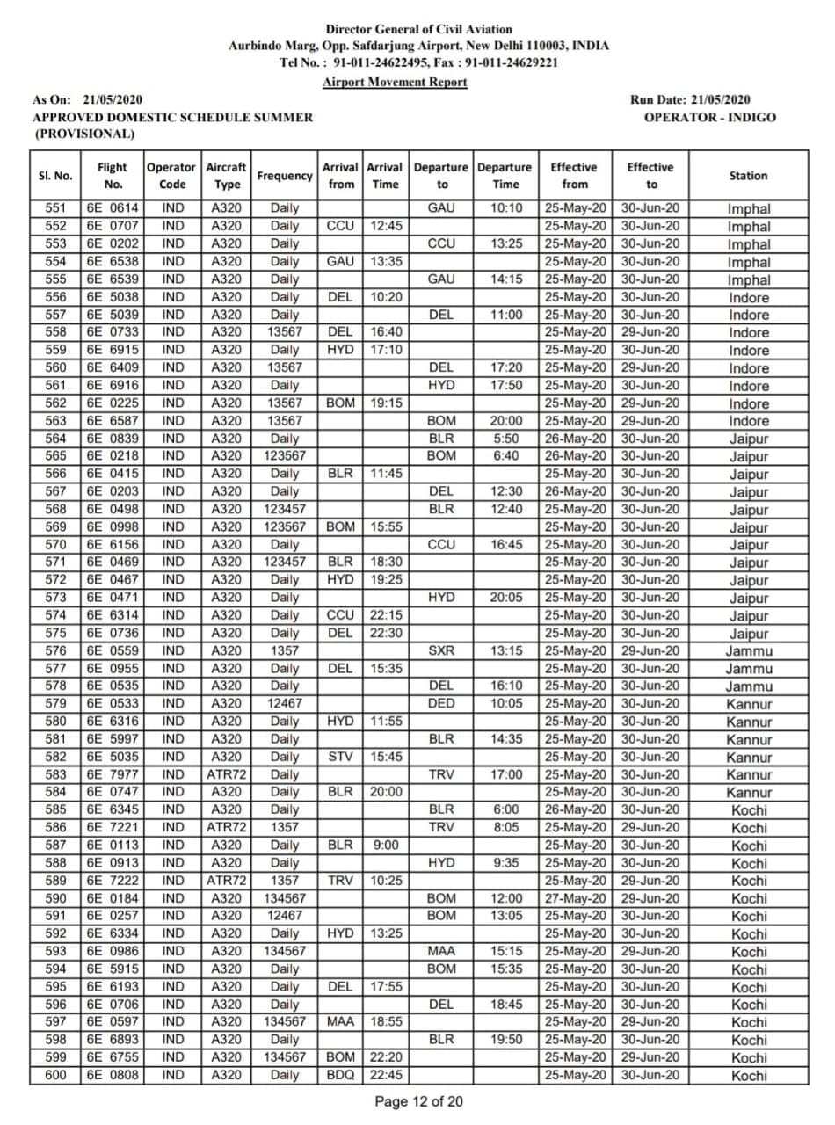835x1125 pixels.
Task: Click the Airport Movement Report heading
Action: (x=395, y=82)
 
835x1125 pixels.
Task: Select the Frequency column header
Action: (x=284, y=176)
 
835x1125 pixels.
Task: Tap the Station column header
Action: (x=748, y=176)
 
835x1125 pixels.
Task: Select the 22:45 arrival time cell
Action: (x=385, y=1075)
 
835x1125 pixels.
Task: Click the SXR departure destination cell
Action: (x=441, y=651)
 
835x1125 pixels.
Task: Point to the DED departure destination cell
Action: (x=441, y=704)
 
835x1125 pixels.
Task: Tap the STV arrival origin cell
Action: (x=341, y=757)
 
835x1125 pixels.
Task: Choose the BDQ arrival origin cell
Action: (x=341, y=1075)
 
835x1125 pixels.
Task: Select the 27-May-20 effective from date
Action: (x=575, y=898)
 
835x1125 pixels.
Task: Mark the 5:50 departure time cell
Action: (x=505, y=439)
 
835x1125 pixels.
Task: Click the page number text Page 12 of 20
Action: (x=418, y=1102)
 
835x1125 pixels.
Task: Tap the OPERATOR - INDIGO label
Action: (x=709, y=117)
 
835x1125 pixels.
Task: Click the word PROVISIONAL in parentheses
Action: (x=83, y=134)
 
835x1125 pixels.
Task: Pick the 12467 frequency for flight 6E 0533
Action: (x=284, y=704)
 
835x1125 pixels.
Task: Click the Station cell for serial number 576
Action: (x=748, y=651)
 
